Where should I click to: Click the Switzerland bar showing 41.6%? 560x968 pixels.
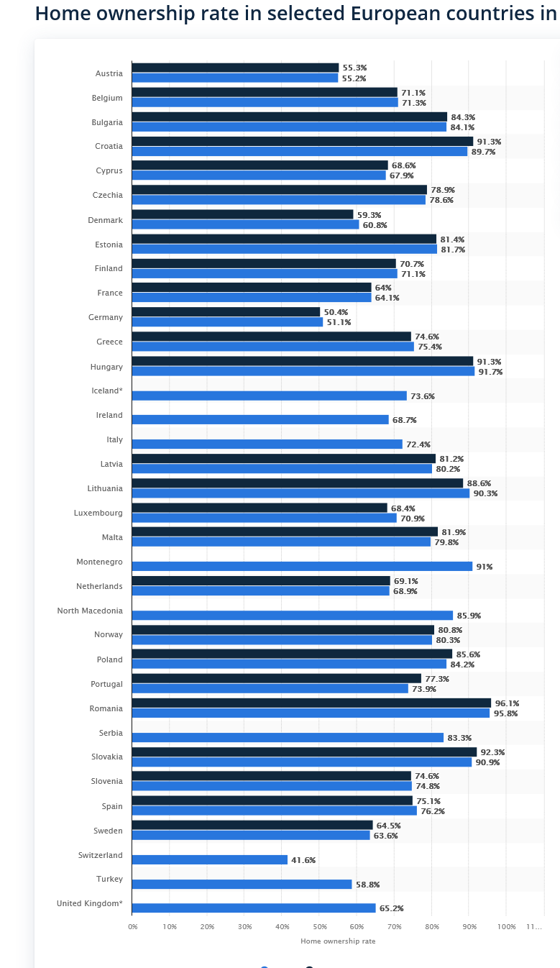(x=210, y=859)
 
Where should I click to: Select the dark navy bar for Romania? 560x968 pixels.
(x=311, y=703)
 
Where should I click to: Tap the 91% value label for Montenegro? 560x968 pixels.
(x=485, y=567)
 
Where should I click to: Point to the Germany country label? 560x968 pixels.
(x=106, y=317)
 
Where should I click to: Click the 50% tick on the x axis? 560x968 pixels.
(x=320, y=926)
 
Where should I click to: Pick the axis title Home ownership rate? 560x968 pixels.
(x=338, y=941)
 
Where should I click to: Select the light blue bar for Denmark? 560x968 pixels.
(x=245, y=224)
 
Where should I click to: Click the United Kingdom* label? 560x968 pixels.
(x=89, y=903)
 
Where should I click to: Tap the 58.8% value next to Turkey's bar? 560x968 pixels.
(x=368, y=885)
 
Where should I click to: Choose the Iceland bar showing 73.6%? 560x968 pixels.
(x=269, y=396)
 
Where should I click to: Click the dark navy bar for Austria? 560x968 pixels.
(x=236, y=68)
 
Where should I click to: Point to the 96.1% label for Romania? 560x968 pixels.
(x=508, y=703)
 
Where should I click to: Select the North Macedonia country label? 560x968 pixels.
(x=90, y=611)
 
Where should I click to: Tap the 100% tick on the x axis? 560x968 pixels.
(x=506, y=926)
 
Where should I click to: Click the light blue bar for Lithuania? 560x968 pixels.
(x=300, y=493)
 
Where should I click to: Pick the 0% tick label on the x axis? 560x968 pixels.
(x=133, y=926)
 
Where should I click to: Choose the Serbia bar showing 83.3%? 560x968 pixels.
(x=288, y=738)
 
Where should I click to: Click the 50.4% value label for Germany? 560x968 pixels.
(x=336, y=312)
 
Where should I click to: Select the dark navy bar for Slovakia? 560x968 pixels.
(x=305, y=752)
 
